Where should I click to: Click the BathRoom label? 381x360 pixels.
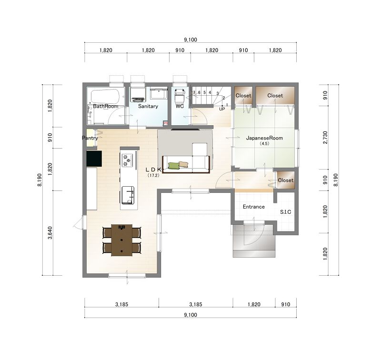[105, 106]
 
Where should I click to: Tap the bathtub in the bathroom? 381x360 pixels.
[105, 96]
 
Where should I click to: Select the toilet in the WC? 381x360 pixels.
[180, 95]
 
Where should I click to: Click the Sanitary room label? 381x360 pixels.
[148, 106]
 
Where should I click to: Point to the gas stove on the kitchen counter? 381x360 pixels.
[128, 160]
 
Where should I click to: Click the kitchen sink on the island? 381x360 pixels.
[128, 195]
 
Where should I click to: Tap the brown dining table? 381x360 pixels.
[122, 240]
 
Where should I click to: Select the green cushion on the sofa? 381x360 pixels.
[173, 166]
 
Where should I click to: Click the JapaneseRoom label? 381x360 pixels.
[264, 138]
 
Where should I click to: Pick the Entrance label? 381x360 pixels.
[254, 207]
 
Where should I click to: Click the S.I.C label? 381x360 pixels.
[285, 212]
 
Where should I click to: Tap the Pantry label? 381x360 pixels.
[90, 138]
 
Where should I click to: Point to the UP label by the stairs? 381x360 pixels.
[222, 109]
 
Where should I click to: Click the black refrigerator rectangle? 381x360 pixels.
[94, 159]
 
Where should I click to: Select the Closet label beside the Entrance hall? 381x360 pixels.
[285, 180]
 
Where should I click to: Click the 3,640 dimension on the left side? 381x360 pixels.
[50, 233]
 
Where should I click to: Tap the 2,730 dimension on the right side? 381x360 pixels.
[325, 138]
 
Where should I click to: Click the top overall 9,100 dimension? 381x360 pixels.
[190, 40]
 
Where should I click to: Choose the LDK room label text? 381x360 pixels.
[153, 170]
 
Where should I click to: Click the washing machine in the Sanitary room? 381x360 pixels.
[138, 94]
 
